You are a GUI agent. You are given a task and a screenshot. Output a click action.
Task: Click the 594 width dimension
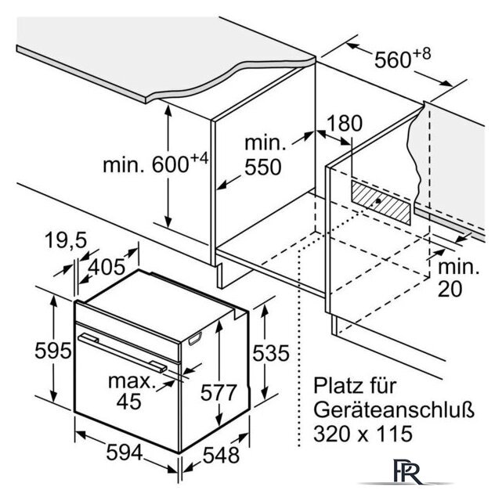tap(125, 453)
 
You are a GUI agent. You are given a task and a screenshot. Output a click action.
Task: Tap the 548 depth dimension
tap(221, 455)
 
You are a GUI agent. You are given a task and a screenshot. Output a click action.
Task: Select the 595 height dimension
tap(52, 351)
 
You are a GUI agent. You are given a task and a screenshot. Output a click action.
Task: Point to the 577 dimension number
tap(218, 392)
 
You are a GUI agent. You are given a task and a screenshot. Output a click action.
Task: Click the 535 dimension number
tap(271, 353)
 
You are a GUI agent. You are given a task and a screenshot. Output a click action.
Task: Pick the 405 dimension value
tap(107, 267)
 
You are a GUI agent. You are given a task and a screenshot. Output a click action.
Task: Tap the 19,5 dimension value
tap(66, 240)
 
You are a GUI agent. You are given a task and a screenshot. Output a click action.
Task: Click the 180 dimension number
tap(345, 123)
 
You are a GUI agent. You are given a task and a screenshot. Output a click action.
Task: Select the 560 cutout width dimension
tap(392, 59)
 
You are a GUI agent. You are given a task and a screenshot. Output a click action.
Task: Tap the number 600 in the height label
tap(170, 164)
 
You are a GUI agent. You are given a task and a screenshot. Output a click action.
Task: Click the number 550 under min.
tap(263, 167)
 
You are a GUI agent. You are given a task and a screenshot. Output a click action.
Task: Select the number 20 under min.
tap(450, 289)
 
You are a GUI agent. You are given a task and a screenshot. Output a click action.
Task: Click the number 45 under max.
tap(128, 401)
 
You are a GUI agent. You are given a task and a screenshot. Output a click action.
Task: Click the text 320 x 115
tap(363, 434)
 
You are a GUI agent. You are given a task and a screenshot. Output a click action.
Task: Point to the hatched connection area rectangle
tap(381, 202)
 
